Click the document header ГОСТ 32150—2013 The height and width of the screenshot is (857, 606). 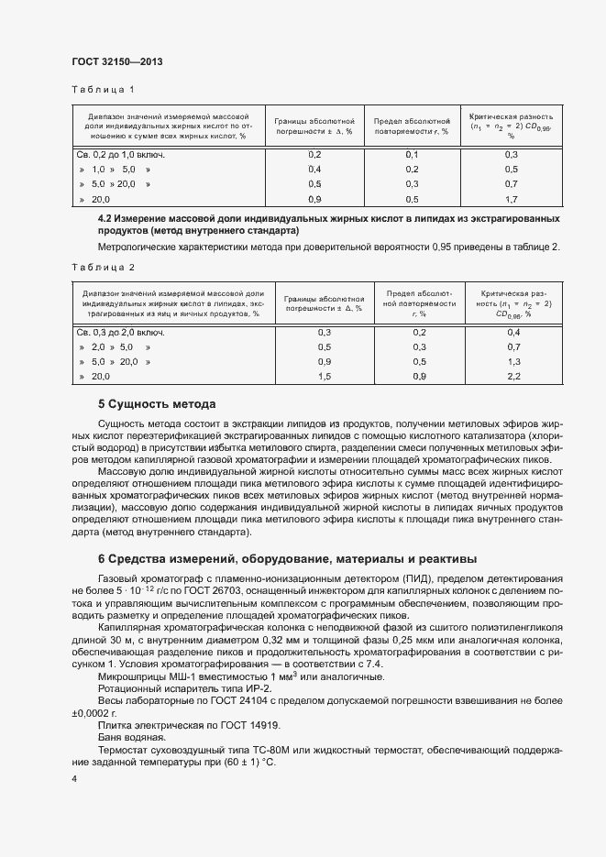pos(117,62)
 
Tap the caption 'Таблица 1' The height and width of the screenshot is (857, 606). pos(103,89)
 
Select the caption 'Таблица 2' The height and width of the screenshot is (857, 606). pos(103,267)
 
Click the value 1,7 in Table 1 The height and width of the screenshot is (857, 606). pos(512,199)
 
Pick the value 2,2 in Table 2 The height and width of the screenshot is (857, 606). pos(512,377)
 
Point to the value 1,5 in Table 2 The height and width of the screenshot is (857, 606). pos(324,377)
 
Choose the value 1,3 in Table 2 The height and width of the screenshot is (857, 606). pos(512,362)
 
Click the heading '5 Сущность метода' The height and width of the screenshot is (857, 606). pos(156,404)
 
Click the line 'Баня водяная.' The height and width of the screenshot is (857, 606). pos(131,737)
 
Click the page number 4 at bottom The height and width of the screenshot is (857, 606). pos(73,779)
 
